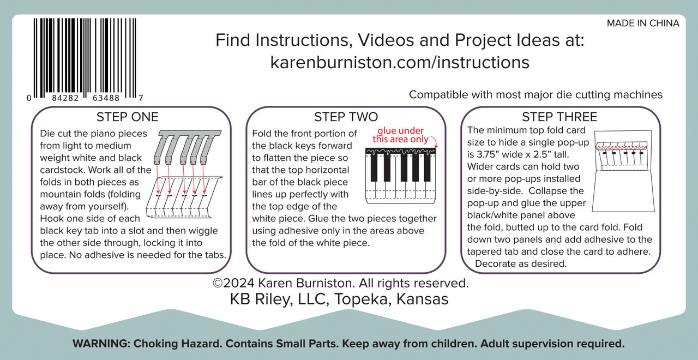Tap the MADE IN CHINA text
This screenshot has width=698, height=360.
click(x=643, y=23)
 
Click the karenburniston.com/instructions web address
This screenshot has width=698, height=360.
click(x=400, y=62)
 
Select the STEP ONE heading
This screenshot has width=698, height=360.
click(x=128, y=117)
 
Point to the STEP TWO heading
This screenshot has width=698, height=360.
click(x=346, y=117)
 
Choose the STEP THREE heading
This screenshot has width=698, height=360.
click(x=559, y=117)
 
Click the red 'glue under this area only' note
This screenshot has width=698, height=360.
click(x=401, y=135)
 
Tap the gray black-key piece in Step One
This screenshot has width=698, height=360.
click(x=187, y=147)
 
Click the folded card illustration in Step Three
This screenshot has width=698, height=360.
click(x=623, y=171)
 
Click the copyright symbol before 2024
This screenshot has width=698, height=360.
click(x=218, y=283)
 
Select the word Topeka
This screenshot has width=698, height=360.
click(x=363, y=299)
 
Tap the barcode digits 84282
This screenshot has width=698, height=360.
click(x=65, y=98)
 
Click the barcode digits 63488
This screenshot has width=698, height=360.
click(x=106, y=98)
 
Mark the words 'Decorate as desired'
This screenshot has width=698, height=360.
click(x=521, y=263)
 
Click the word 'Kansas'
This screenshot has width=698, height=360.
click(x=422, y=299)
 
